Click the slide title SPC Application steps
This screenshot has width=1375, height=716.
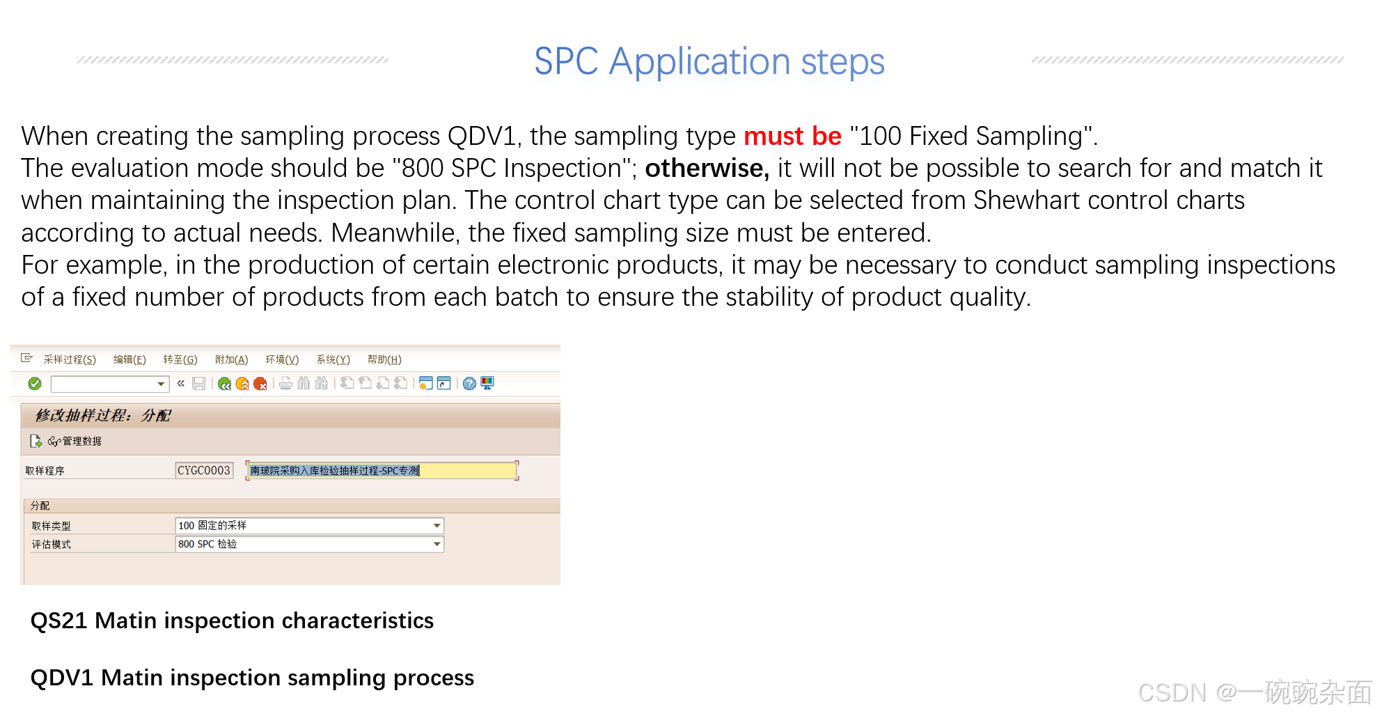(x=709, y=61)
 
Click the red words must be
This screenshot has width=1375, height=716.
(x=792, y=136)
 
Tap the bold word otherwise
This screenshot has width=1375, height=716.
(x=707, y=169)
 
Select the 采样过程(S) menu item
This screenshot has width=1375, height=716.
(x=69, y=359)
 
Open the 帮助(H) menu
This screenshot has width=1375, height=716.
(x=384, y=359)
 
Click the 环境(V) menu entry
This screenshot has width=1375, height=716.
(x=281, y=359)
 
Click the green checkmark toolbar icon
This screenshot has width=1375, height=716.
(x=35, y=384)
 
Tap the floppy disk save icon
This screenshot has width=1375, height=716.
(x=199, y=384)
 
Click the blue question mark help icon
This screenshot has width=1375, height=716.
(x=469, y=384)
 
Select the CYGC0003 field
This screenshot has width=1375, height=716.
(x=203, y=471)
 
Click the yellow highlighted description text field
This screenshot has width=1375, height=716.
(x=382, y=471)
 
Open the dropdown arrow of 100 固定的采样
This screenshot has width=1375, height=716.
(x=437, y=526)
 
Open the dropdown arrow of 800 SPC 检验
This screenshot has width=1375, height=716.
(x=437, y=544)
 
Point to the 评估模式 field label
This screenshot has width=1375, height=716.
(x=51, y=545)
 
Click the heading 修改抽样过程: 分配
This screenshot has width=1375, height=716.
(x=103, y=416)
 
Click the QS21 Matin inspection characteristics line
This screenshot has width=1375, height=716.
(x=232, y=621)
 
